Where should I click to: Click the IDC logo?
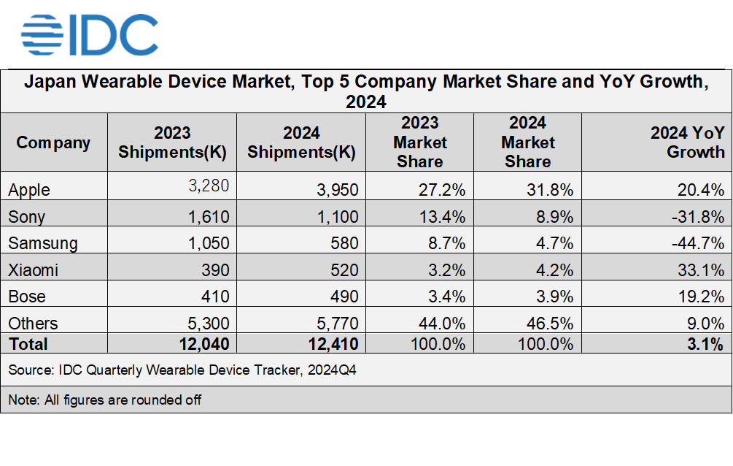(x=89, y=34)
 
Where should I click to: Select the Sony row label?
(x=27, y=217)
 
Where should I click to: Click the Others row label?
(x=33, y=324)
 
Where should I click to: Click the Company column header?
(x=53, y=142)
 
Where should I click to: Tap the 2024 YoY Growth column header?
(x=687, y=142)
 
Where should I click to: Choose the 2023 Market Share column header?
(x=420, y=142)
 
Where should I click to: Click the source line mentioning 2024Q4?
(x=182, y=371)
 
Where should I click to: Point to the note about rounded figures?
(x=105, y=400)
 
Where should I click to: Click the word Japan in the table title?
(x=50, y=82)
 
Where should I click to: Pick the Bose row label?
(x=27, y=297)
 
